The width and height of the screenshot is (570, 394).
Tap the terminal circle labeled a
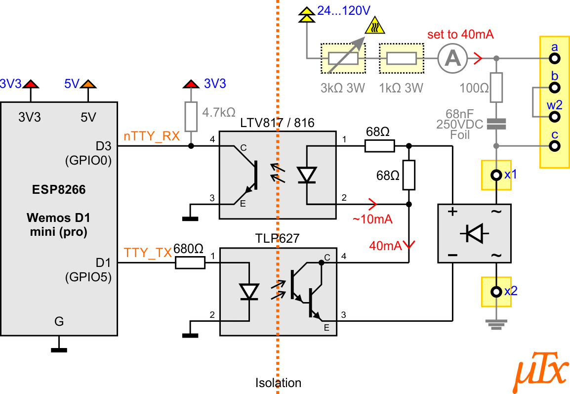[x=554, y=58]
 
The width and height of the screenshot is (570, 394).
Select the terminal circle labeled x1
[x=496, y=175]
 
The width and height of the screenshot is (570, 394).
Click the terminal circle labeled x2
[x=496, y=291]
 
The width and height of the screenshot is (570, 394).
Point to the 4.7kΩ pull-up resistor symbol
[x=191, y=116]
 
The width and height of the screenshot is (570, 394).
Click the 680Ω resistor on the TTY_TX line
[x=190, y=263]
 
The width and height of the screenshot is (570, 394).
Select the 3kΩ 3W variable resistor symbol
[x=343, y=58]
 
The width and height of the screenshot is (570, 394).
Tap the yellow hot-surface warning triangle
[x=375, y=26]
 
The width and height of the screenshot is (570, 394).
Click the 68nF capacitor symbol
[x=496, y=124]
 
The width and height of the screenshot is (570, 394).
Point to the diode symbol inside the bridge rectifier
[x=474, y=233]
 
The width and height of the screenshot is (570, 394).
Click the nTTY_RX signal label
[x=152, y=136]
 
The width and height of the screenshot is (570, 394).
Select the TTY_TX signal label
[x=148, y=253]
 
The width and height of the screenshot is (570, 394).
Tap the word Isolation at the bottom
[x=278, y=383]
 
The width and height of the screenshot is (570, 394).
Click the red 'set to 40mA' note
[x=460, y=34]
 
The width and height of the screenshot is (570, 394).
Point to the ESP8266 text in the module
[x=59, y=189]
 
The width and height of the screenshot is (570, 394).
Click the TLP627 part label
[x=278, y=238]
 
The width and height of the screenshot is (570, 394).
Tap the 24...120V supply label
[x=343, y=10]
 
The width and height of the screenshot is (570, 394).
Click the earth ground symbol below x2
[x=496, y=324]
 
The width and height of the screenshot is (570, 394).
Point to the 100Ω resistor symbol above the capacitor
[x=496, y=88]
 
